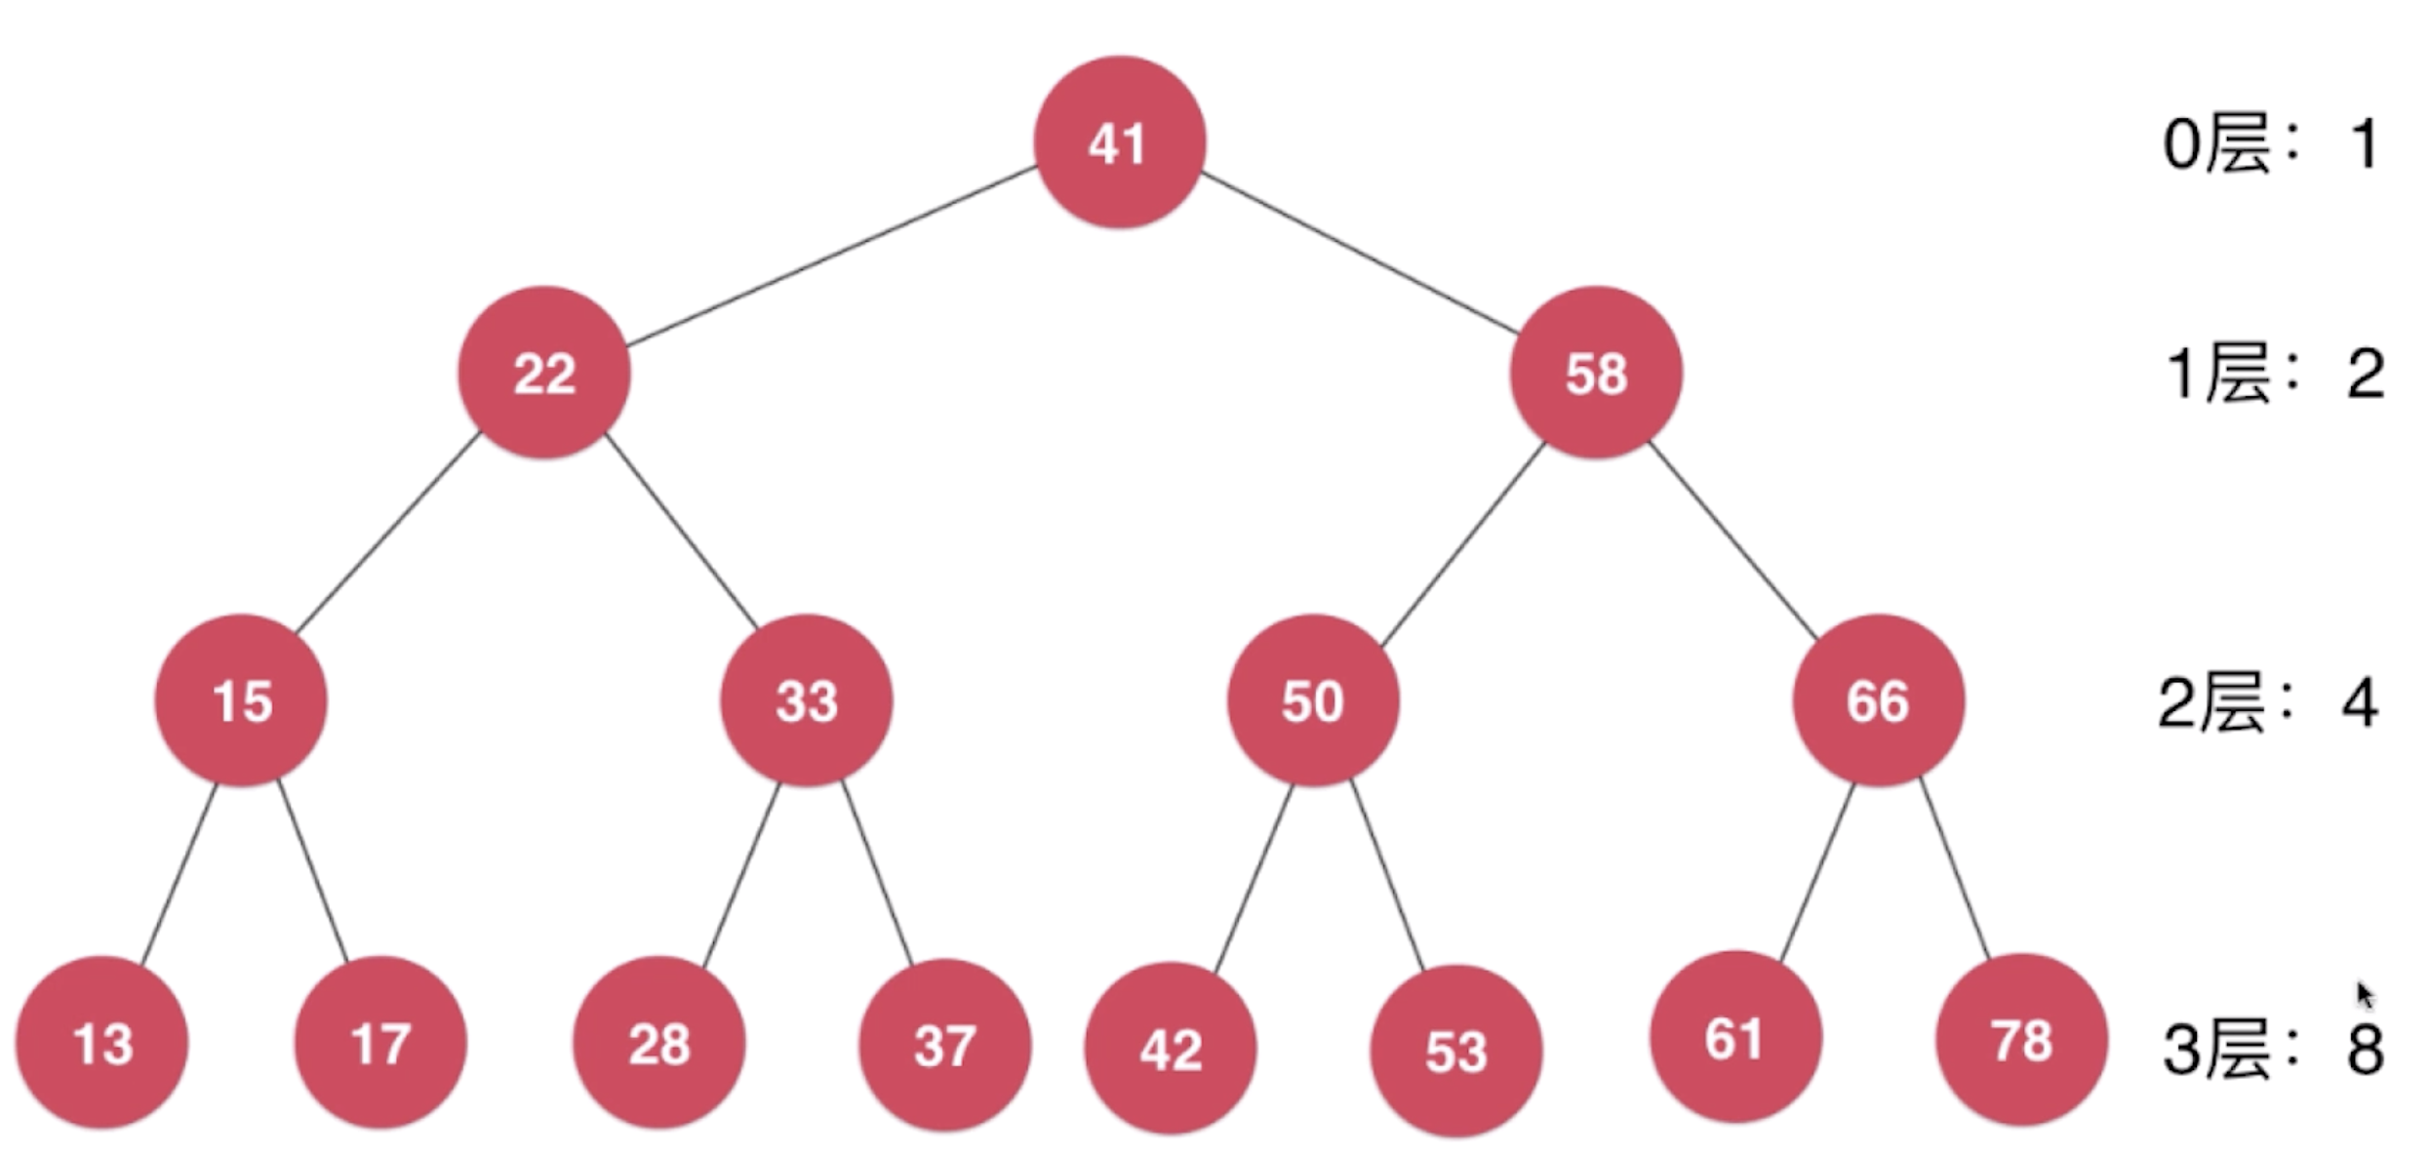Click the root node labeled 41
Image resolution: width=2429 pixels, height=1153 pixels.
1119,143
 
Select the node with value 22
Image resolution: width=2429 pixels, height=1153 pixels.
544,373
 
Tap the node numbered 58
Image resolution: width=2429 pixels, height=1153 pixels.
1596,373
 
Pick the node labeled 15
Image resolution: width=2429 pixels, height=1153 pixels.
241,700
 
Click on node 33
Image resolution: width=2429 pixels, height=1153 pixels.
807,700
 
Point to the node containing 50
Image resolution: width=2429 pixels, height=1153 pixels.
1313,700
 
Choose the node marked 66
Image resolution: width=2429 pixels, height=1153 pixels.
1878,700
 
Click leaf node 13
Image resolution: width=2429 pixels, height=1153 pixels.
101,1043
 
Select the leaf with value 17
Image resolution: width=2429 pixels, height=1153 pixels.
380,1043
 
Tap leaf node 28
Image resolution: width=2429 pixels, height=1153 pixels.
659,1043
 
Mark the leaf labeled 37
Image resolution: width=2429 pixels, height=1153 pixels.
944,1045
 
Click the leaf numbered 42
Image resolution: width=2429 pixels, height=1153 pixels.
1171,1049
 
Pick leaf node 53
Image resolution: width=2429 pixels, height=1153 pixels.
1456,1051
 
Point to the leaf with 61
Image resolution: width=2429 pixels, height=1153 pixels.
1734,1037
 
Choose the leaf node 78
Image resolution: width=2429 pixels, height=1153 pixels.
2021,1039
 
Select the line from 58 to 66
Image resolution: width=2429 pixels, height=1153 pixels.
1733,541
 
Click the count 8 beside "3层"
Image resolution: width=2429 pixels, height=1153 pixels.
2365,1050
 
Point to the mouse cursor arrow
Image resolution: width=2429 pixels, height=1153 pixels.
2365,995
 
